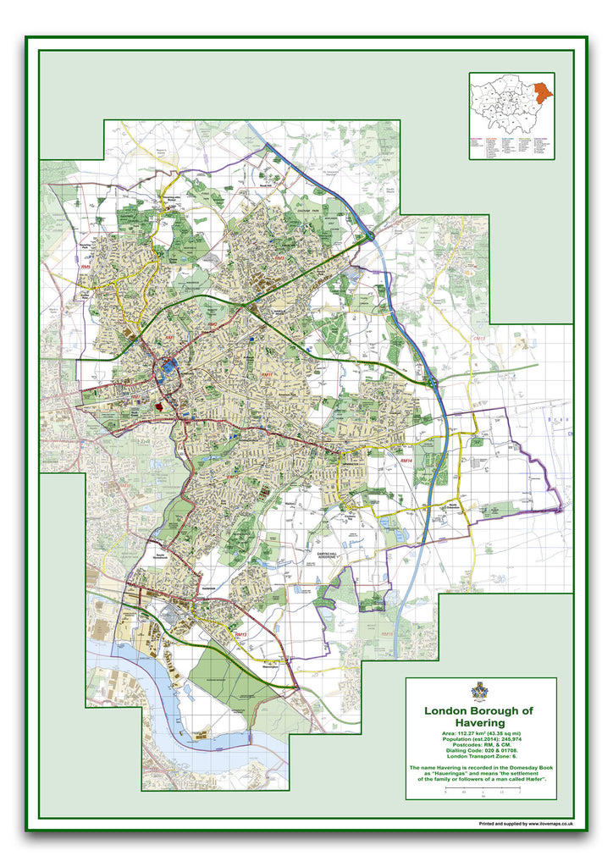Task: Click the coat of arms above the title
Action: click(x=480, y=692)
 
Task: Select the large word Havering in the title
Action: click(x=480, y=723)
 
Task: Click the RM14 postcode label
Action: click(x=407, y=461)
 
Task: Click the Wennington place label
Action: click(x=270, y=666)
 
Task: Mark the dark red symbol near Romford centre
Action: click(x=158, y=407)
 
